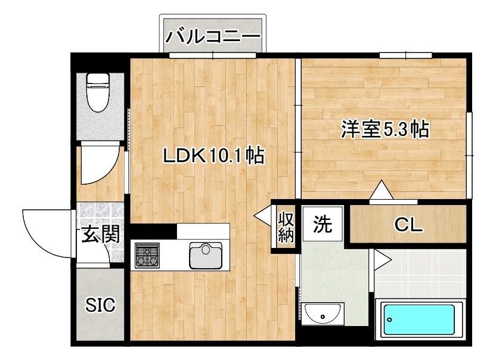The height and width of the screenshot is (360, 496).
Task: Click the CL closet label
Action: click(409, 225)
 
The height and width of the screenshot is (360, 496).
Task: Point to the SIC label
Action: click(100, 305)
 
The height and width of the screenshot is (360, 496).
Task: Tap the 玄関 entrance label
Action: click(100, 234)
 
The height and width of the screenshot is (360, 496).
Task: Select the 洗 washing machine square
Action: click(322, 224)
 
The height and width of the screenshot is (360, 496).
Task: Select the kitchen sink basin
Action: click(205, 255)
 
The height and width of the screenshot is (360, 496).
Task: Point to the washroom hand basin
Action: click(323, 313)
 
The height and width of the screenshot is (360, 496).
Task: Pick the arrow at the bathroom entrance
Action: click(382, 260)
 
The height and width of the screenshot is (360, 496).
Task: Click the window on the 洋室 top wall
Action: click(405, 56)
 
